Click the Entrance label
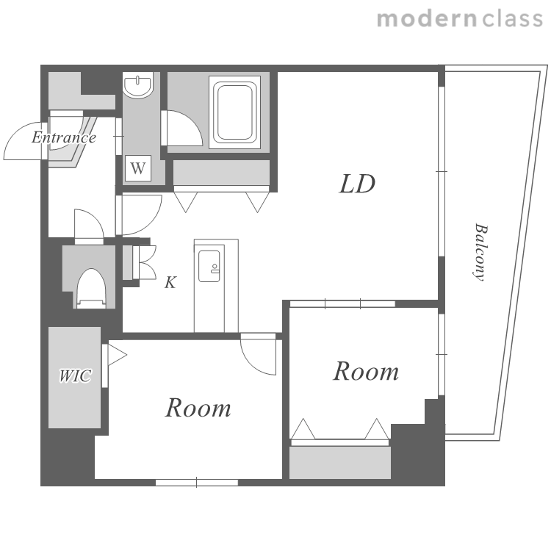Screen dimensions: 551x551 64,137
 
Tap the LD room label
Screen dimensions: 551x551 357,184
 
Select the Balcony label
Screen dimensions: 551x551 480,252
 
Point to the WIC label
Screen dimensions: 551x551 75,375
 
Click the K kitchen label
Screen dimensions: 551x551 170,282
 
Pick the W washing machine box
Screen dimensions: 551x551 138,168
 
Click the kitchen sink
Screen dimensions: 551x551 209,267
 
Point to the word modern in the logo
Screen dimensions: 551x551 427,19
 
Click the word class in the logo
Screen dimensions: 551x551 512,19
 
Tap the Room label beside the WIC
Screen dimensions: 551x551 198,408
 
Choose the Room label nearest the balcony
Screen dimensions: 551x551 366,371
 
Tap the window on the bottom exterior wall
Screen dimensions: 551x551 197,483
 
